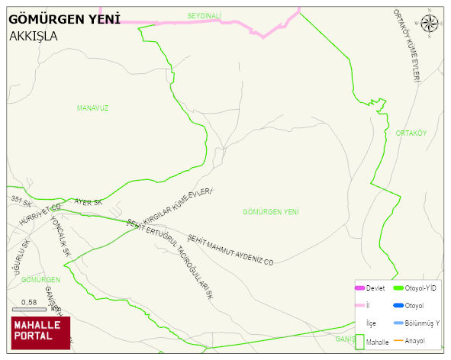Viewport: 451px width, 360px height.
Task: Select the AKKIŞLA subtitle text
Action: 34,35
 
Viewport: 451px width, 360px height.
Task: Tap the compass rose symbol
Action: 430,23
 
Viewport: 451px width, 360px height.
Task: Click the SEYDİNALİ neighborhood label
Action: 204,15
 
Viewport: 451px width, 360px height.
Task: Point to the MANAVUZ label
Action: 92,108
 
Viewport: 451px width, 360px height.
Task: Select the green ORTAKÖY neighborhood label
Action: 411,133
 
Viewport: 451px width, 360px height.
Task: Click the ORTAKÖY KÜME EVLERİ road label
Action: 407,47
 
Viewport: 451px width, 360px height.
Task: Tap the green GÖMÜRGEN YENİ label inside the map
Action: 270,211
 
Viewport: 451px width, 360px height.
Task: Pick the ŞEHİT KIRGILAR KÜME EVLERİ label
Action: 172,207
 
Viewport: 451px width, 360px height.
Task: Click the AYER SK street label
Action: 88,203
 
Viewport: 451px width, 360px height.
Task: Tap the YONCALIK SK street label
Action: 60,236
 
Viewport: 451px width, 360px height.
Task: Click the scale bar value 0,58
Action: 29,303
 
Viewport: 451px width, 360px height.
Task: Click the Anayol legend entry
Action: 414,340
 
